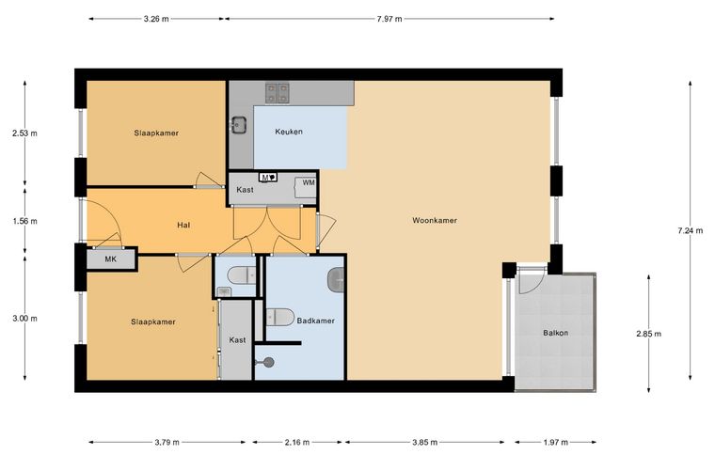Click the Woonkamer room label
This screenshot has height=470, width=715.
[435, 220]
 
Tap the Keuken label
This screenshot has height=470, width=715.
[289, 132]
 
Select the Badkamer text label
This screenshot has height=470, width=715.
[315, 321]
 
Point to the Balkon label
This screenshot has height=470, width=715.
[555, 333]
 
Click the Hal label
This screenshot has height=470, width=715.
[183, 225]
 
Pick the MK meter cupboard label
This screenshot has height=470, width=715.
[110, 259]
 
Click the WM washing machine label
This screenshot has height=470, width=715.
[309, 182]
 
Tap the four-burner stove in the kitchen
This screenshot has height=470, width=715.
[278, 93]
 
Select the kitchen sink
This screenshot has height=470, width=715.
[238, 125]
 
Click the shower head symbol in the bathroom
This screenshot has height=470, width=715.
[268, 363]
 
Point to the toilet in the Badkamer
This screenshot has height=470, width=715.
[280, 317]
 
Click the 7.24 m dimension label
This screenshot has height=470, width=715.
[690, 231]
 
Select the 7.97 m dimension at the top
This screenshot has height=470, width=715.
[389, 19]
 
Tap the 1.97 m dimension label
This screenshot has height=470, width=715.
[555, 442]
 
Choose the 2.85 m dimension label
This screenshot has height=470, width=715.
[648, 334]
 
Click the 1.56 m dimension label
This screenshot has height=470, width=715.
[24, 221]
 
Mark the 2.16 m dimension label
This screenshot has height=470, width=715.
[297, 442]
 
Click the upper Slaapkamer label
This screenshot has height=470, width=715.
[156, 133]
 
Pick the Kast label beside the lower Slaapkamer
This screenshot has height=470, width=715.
[237, 340]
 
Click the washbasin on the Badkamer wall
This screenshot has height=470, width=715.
[337, 279]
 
